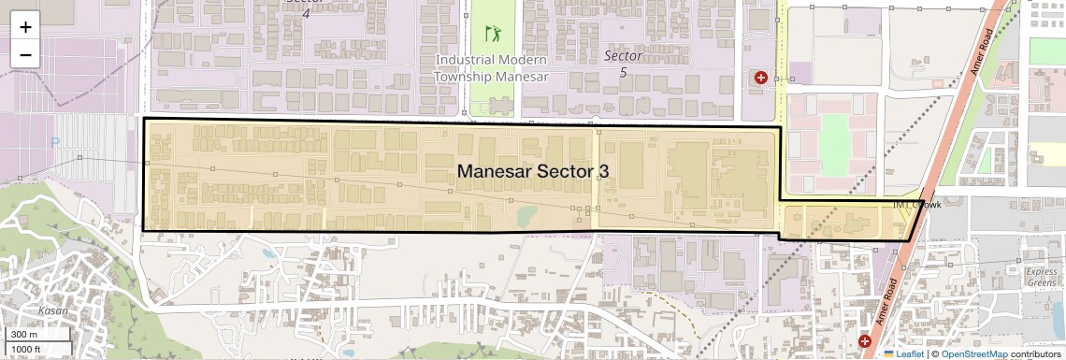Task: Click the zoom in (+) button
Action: (25, 27)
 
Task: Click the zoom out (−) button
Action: (25, 55)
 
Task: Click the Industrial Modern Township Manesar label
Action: (492, 67)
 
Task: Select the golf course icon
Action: (493, 35)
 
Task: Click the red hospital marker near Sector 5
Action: (761, 78)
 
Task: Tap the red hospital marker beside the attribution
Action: (864, 342)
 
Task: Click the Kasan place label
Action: (53, 310)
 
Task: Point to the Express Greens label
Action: (1041, 276)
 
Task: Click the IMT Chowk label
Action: (916, 204)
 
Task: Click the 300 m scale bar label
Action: (24, 335)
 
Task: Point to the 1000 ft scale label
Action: (27, 349)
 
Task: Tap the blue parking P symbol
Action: (54, 142)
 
